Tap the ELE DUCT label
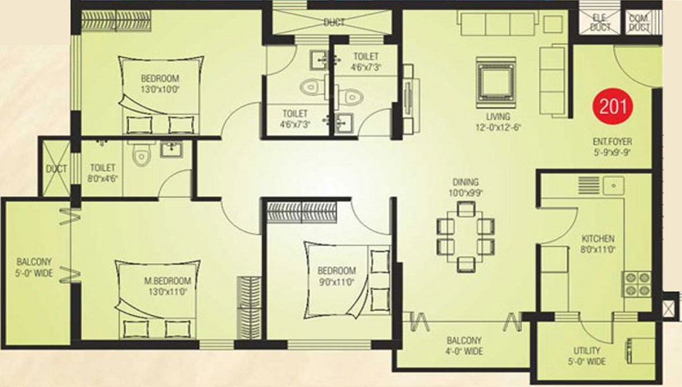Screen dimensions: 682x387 coord(601,22)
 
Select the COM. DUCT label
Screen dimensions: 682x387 coord(640,22)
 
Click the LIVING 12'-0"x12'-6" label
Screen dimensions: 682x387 coord(498,121)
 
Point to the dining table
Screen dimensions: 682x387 coord(466,237)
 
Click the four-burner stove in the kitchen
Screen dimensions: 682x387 coord(637,283)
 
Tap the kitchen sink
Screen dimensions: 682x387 coord(614,185)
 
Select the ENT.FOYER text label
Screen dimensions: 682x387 coord(612,142)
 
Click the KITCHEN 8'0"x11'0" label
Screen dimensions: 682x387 coord(598,244)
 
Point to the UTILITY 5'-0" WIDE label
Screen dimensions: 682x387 coord(587,356)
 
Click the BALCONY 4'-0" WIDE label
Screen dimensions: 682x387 coord(464,345)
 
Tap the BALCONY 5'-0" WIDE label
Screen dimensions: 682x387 coord(34,267)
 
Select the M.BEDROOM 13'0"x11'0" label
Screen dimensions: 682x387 coord(168,286)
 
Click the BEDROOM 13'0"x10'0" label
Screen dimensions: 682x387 coord(160,84)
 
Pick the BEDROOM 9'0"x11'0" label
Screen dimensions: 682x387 coord(337,276)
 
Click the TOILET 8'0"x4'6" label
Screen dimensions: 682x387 coord(103,172)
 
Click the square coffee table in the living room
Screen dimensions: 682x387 coord(496,82)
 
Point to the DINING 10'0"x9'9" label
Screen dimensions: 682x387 coord(465,187)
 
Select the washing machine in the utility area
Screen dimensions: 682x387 coord(640,350)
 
